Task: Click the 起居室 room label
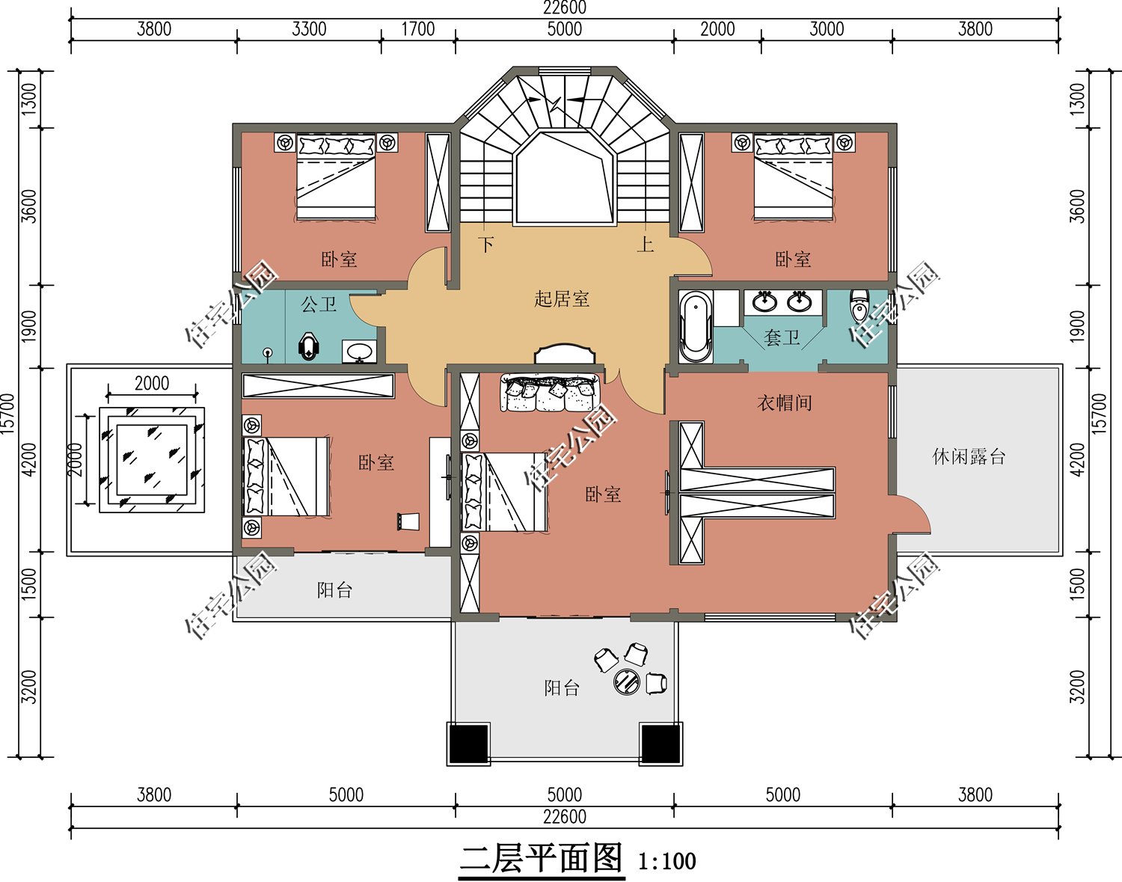pyautogui.click(x=562, y=299)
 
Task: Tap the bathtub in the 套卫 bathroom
pyautogui.click(x=696, y=326)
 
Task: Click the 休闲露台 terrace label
pyautogui.click(x=969, y=456)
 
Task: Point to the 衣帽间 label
pyautogui.click(x=784, y=403)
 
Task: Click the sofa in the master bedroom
pyautogui.click(x=551, y=393)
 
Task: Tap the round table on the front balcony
pyautogui.click(x=627, y=681)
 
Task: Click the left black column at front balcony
pyautogui.click(x=468, y=743)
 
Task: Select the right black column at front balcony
pyautogui.click(x=660, y=743)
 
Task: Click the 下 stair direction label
pyautogui.click(x=486, y=245)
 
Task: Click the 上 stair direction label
pyautogui.click(x=645, y=245)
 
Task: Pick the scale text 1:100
pyautogui.click(x=666, y=862)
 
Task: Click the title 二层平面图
pyautogui.click(x=541, y=859)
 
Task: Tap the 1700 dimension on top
pyautogui.click(x=417, y=29)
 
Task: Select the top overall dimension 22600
pyautogui.click(x=564, y=8)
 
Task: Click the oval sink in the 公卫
pyautogui.click(x=360, y=351)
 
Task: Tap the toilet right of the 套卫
pyautogui.click(x=859, y=305)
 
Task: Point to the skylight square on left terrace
pyautogui.click(x=152, y=460)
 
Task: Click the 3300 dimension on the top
pyautogui.click(x=309, y=29)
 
